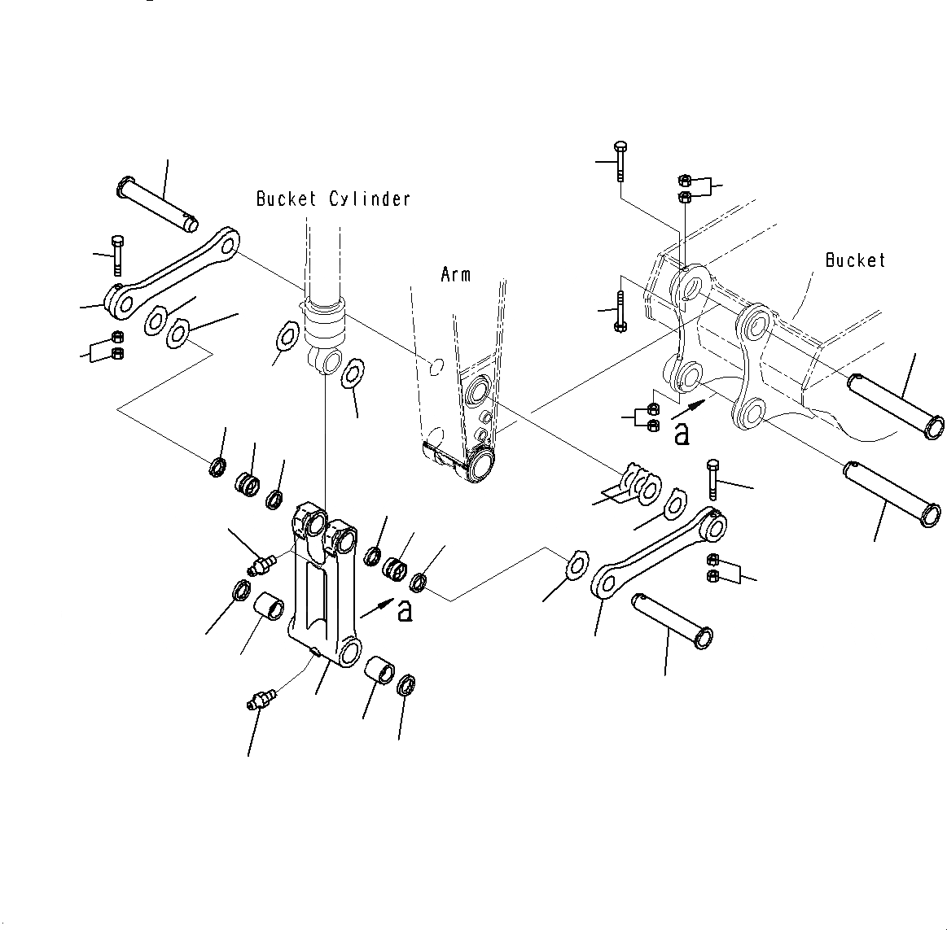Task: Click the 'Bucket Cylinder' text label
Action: coord(333,199)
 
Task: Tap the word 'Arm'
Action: coord(455,274)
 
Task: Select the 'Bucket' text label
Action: coord(854,260)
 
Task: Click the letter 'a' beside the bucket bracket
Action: coord(682,434)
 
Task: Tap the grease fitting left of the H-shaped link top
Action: coord(261,563)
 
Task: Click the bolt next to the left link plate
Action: coord(116,253)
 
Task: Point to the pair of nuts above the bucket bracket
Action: coord(685,188)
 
